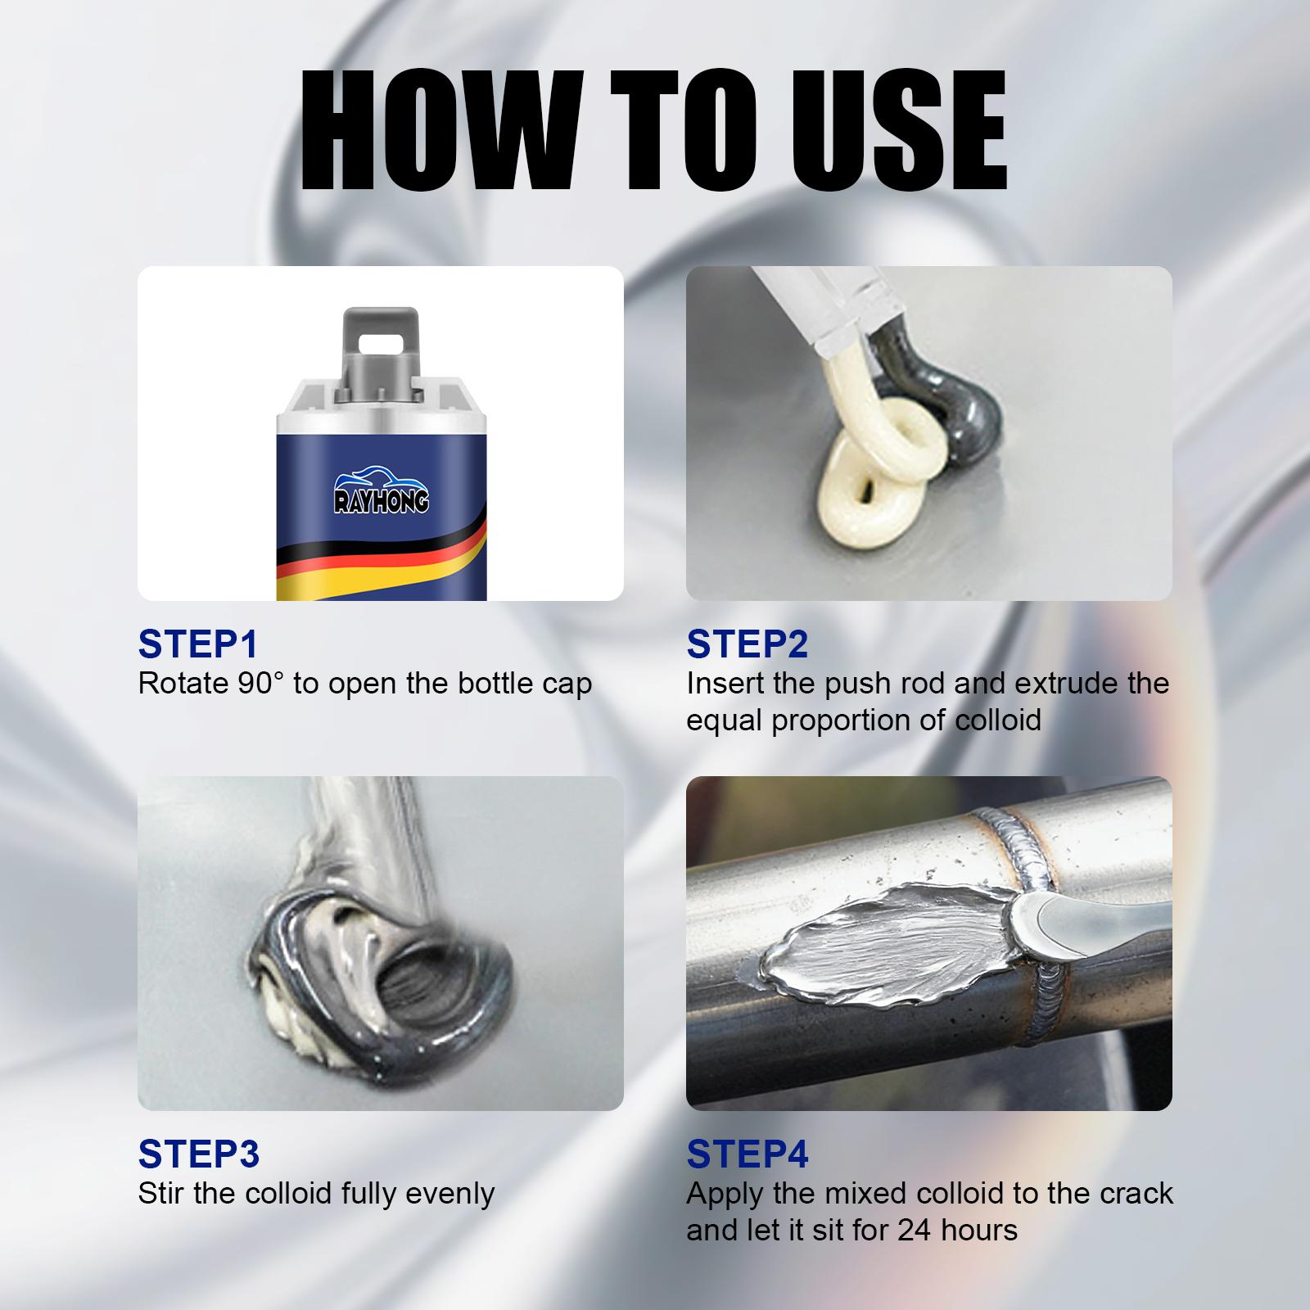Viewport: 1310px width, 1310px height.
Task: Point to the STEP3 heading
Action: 198,1154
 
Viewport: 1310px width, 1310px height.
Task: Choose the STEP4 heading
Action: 747,1154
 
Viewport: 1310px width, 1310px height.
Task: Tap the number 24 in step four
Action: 915,1230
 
